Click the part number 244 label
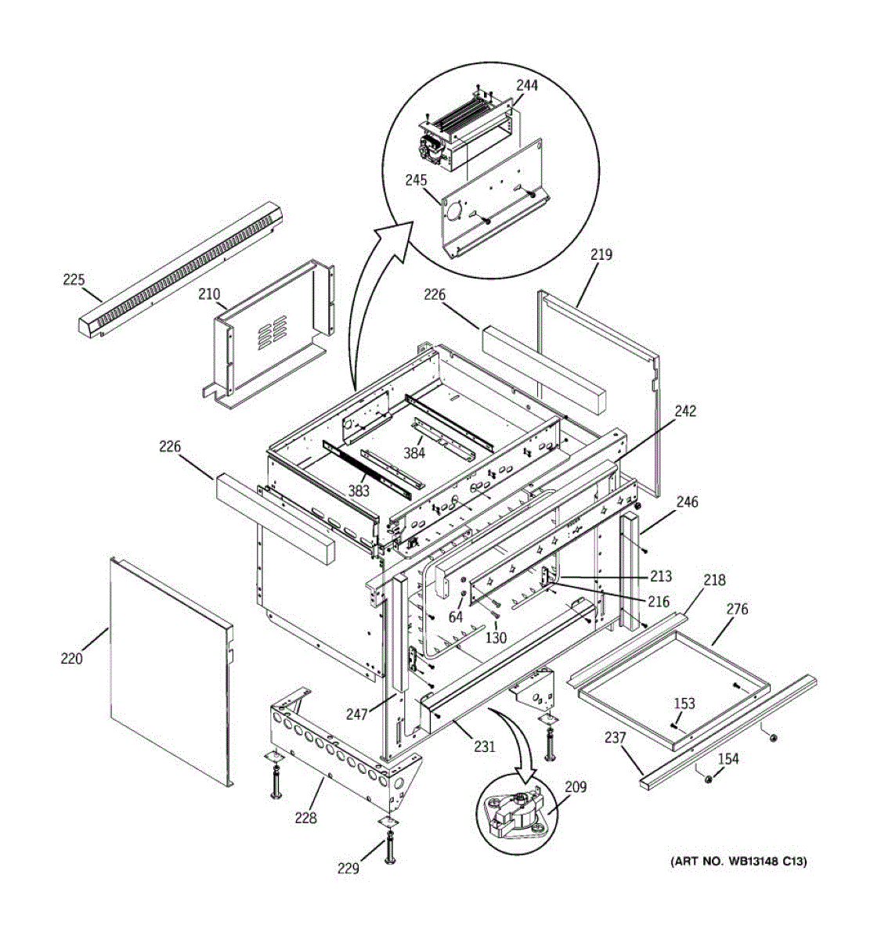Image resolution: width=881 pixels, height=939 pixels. point(527,85)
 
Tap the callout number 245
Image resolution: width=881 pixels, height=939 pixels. point(417,180)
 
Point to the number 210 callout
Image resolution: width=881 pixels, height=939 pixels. point(208,294)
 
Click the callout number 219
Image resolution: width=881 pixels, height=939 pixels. point(601,255)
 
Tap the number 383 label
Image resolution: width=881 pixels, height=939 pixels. point(359,491)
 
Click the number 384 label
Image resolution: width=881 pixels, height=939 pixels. point(414,452)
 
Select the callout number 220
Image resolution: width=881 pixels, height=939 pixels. point(71,659)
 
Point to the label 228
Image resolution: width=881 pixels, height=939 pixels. point(305,818)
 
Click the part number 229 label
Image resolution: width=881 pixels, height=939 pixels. point(348,868)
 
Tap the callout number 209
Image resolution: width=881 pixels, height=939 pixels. point(576,787)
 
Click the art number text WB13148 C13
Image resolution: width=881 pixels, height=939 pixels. point(738,862)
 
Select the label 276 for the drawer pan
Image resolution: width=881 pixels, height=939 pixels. point(737,610)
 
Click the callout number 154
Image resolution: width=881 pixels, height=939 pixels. point(728,758)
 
